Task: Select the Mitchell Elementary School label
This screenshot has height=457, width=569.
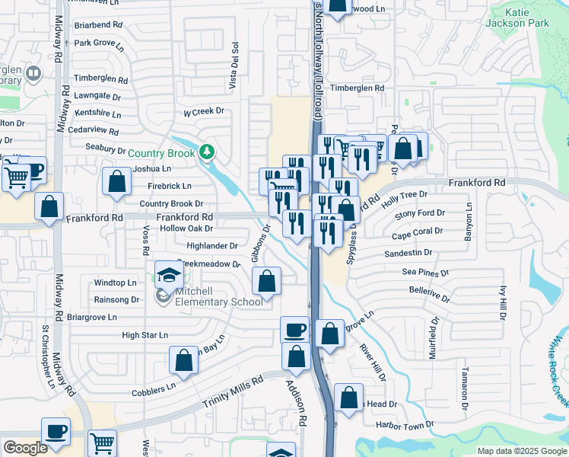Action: tap(208, 296)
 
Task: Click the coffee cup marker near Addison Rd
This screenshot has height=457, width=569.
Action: tap(294, 330)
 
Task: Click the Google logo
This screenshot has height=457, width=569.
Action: tap(26, 448)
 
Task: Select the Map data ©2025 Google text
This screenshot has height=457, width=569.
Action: tap(521, 451)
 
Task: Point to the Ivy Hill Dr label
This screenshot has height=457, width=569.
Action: tap(503, 302)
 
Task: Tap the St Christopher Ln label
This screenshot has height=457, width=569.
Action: tap(48, 356)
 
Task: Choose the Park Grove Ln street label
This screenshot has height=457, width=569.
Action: tap(98, 43)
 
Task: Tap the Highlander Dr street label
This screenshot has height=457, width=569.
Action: tap(212, 246)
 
